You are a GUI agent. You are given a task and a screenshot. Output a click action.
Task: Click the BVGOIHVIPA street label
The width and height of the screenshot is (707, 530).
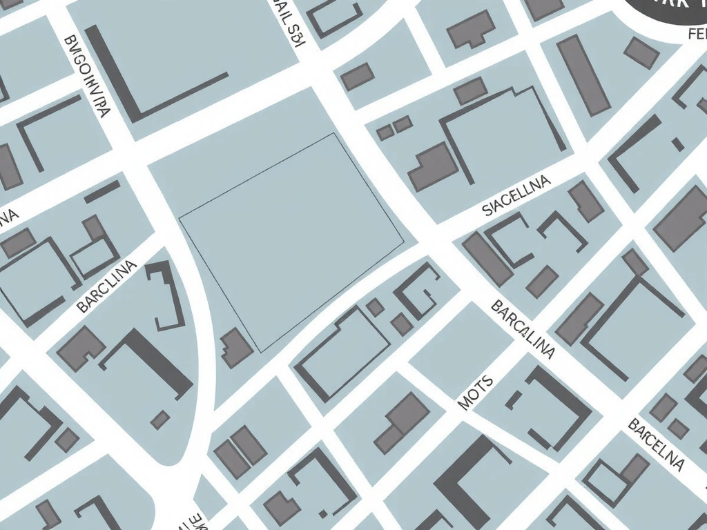[x=87, y=77]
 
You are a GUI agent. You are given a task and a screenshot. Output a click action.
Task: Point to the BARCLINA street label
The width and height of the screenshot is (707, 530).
[x=107, y=286]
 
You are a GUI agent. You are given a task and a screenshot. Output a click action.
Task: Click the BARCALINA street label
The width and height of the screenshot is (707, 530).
[x=523, y=330]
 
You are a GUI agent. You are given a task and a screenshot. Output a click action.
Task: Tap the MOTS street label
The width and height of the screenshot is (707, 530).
[x=476, y=393]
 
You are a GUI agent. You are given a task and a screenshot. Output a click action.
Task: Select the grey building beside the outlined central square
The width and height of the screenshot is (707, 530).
[x=236, y=348]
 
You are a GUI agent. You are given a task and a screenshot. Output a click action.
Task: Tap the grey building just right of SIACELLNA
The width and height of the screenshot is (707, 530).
[x=586, y=201]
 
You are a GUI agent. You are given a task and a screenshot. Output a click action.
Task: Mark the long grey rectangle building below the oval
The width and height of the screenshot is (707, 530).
[x=583, y=75]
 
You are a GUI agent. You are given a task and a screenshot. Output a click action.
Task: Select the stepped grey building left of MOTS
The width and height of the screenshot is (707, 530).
[x=402, y=422]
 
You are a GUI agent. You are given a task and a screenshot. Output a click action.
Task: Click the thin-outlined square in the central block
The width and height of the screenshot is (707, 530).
[x=291, y=242]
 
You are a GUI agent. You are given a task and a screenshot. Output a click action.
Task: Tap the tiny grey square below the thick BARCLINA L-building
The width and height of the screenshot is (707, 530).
[x=160, y=420]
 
